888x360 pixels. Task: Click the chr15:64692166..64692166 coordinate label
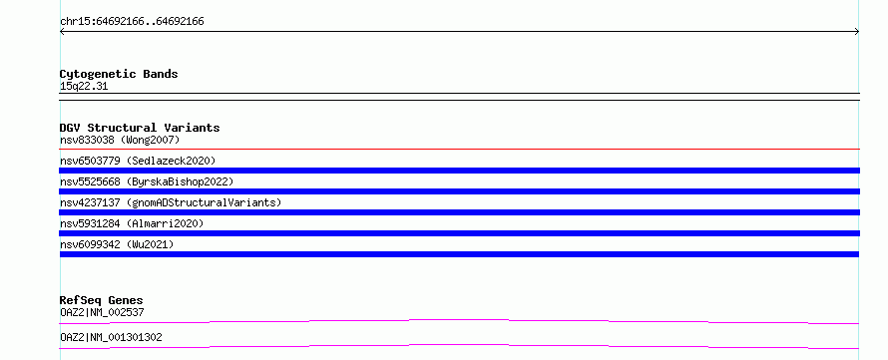(132, 22)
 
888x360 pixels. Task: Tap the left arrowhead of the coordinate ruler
(61, 32)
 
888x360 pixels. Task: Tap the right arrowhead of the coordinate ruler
(857, 32)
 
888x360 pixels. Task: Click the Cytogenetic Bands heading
(119, 74)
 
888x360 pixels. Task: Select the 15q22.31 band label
(84, 87)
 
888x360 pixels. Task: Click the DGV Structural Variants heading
(140, 128)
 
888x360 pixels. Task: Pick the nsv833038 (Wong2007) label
(120, 140)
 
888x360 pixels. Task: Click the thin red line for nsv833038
(459, 149)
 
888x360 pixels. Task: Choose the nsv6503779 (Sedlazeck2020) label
(138, 161)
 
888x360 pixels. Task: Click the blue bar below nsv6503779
(459, 171)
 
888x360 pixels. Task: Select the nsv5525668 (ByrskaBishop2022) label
(147, 181)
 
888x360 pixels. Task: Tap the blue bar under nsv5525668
(459, 191)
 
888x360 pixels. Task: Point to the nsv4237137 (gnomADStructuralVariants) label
(171, 202)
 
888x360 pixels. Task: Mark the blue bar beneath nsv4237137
(459, 212)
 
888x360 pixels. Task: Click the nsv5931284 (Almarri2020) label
(132, 223)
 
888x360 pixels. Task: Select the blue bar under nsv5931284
(459, 233)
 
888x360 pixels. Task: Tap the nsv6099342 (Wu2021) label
(117, 244)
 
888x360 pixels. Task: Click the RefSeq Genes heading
(102, 300)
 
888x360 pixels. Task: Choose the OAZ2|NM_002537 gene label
(102, 312)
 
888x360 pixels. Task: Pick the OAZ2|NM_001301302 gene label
(111, 337)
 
